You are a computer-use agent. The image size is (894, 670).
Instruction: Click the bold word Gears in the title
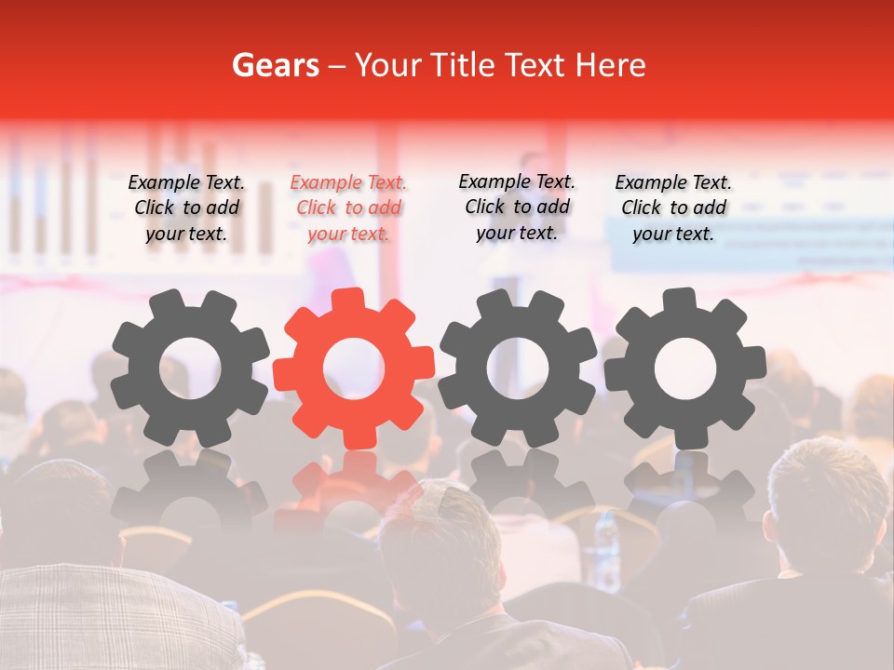276,65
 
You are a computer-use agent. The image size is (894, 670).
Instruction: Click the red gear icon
354,368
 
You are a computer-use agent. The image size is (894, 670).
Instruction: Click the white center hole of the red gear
354,368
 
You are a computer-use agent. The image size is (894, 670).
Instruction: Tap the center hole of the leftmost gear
190,368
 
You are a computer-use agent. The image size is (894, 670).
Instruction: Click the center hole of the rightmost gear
684,368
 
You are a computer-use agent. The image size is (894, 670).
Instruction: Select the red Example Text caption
348,208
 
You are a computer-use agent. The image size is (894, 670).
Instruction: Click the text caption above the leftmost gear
186,208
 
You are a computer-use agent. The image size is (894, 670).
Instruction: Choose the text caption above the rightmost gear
673,208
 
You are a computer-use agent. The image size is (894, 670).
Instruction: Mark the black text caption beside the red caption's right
517,207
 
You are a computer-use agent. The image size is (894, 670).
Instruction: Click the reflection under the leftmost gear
190,489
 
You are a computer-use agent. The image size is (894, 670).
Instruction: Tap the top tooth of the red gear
354,301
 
